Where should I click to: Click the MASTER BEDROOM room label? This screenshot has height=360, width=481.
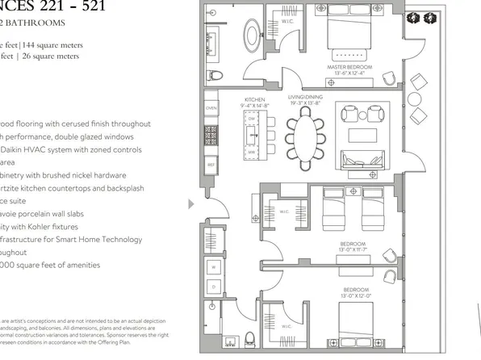click(348, 67)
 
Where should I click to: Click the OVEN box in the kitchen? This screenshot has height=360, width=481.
click(211, 107)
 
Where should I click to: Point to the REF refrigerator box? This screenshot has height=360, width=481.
click(211, 165)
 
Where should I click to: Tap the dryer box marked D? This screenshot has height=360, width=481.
click(215, 286)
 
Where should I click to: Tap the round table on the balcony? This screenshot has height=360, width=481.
click(416, 99)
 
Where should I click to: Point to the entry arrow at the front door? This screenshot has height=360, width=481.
click(190, 204)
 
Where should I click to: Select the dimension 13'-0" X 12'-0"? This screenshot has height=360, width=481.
click(356, 295)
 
